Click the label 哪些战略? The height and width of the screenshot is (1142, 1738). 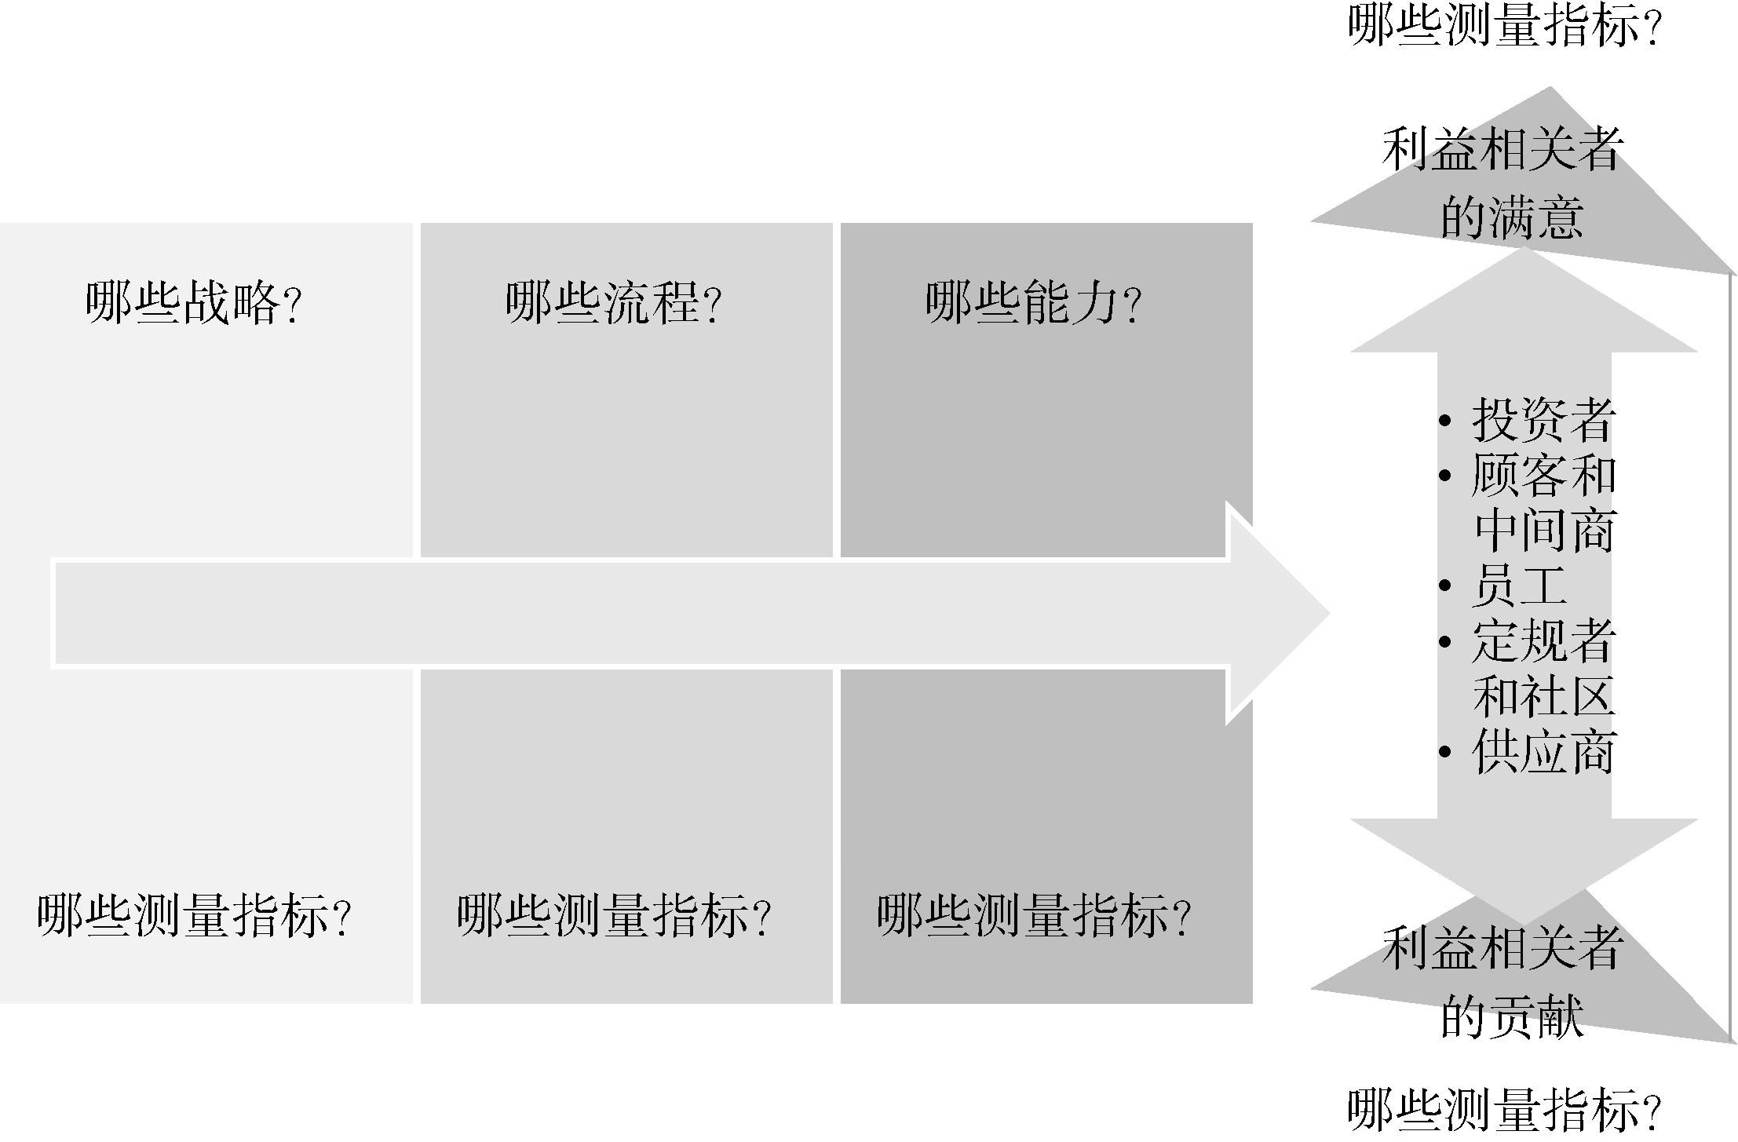194,304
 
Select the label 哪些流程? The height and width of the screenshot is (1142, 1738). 613,304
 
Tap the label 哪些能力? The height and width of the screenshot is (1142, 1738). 1033,304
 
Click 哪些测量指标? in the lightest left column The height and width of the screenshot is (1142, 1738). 194,916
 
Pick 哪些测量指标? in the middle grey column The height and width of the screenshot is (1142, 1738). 614,916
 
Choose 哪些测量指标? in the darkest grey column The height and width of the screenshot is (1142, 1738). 1034,916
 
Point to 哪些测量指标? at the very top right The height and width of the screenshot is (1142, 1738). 1504,25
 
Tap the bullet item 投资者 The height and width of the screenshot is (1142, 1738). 1543,421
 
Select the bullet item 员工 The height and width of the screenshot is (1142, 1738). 1519,586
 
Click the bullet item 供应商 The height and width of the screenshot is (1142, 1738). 1543,753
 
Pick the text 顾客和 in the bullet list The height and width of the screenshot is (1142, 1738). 1543,476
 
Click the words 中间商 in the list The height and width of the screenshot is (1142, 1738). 1543,531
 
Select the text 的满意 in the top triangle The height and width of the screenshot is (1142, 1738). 1512,217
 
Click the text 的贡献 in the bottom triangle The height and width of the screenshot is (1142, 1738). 1512,1016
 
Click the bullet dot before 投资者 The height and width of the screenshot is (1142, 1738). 1445,421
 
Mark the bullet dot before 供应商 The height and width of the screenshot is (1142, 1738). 1445,753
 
